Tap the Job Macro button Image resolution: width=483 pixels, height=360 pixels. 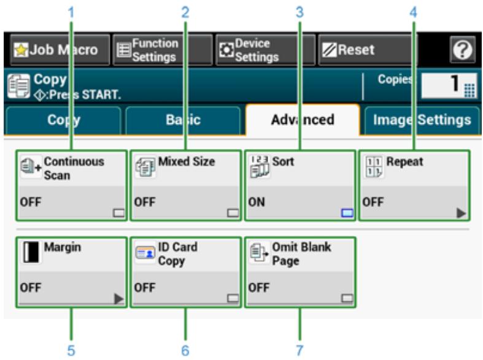[x=58, y=50]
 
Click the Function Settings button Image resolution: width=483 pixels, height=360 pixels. [x=161, y=50]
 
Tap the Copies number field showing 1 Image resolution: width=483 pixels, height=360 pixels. [x=450, y=86]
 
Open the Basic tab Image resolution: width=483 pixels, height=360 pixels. [x=183, y=119]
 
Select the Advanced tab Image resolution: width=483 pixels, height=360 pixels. [x=302, y=119]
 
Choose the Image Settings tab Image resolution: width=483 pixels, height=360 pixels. [x=420, y=119]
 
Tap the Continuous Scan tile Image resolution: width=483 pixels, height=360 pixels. [x=71, y=185]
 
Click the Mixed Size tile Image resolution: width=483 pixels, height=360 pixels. [x=185, y=185]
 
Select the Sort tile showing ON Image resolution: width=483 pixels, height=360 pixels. [x=299, y=185]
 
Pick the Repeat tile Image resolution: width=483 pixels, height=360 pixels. [x=414, y=185]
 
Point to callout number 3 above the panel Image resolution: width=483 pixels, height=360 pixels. [x=300, y=10]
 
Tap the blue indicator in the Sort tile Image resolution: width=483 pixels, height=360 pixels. [x=347, y=213]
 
